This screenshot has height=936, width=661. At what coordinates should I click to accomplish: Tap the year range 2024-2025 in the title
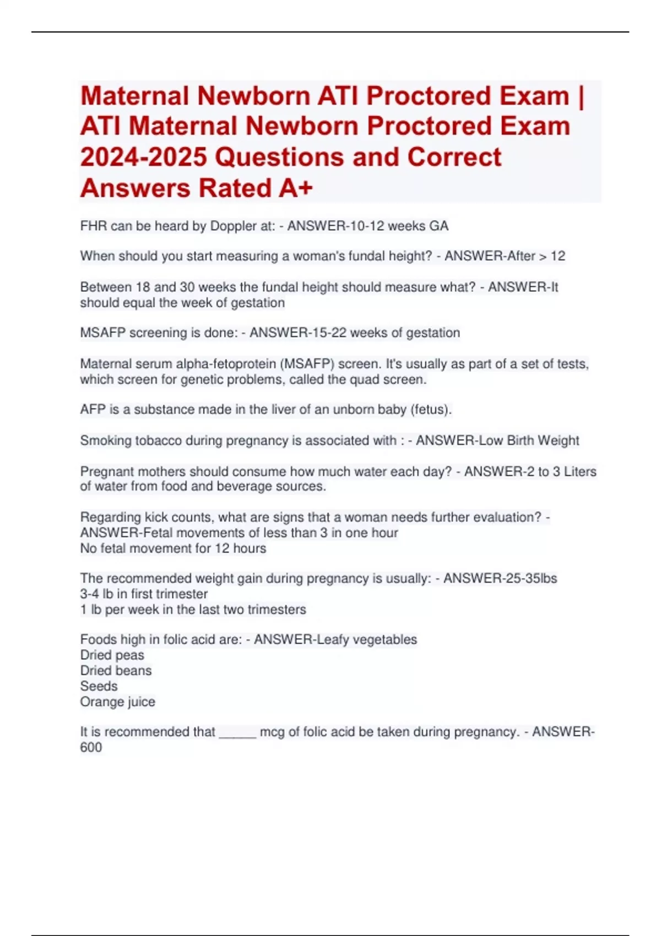click(x=144, y=157)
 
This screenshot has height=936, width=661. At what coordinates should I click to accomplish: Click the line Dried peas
click(x=112, y=655)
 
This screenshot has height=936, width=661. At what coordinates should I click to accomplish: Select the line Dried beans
click(x=116, y=671)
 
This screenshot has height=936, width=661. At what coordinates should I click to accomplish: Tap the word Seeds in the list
click(x=99, y=686)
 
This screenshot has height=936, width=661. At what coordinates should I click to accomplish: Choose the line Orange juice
click(x=117, y=702)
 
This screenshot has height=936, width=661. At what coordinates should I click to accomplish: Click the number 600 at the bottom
click(x=91, y=748)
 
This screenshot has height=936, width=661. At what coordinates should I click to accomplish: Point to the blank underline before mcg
click(x=237, y=733)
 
